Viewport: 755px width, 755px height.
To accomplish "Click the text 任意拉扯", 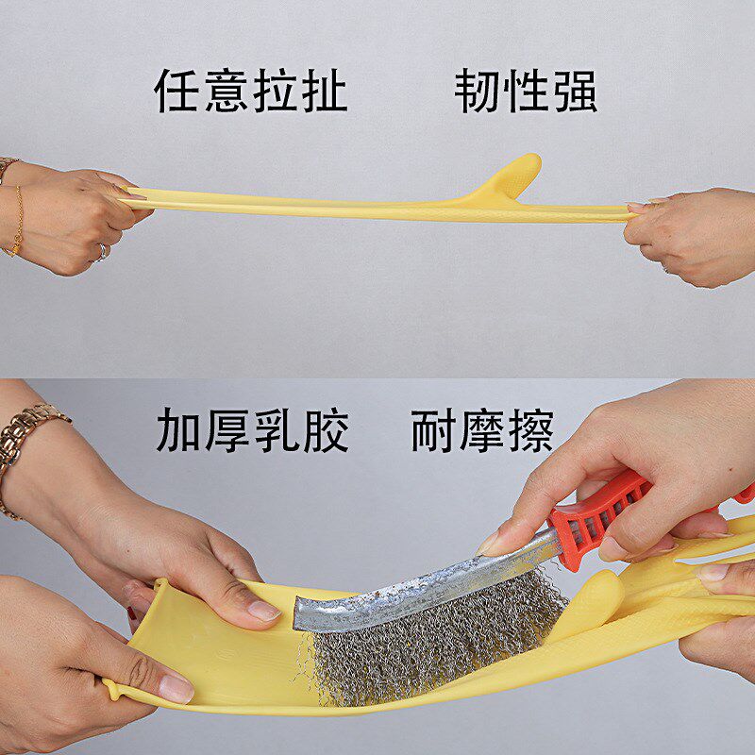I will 251,92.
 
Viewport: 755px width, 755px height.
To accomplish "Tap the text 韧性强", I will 526,92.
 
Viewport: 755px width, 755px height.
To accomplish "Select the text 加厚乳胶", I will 252,430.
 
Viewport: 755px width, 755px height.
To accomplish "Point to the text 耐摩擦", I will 482,430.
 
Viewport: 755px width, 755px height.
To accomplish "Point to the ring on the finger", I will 101,251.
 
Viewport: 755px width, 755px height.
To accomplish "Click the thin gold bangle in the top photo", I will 17,222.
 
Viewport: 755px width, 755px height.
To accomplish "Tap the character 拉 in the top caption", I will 276,92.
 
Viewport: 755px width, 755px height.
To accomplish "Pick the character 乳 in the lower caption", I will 277,430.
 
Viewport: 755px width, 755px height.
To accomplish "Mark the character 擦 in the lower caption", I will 530,430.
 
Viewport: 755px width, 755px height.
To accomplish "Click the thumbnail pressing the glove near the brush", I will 263,611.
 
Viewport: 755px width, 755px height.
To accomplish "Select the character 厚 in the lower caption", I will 227,430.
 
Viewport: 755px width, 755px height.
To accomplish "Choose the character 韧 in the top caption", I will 477,92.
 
